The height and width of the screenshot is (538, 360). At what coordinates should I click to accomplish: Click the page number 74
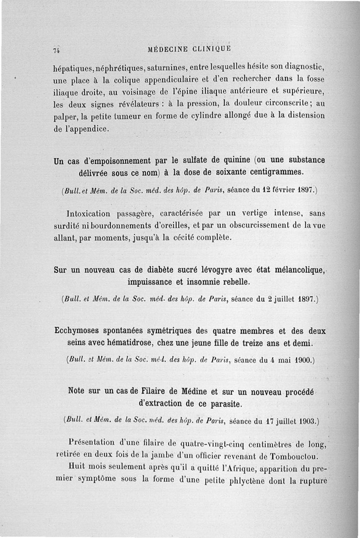[x=57, y=50]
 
